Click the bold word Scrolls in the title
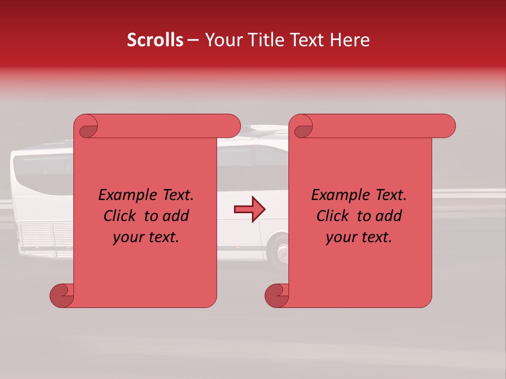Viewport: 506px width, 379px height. point(155,40)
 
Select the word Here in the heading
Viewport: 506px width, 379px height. point(349,40)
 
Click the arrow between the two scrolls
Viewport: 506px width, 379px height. point(249,210)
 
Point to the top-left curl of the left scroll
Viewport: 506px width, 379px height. point(87,126)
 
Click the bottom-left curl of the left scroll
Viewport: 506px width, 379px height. point(62,296)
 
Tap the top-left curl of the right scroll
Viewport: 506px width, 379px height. point(302,126)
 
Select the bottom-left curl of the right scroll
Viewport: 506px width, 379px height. point(277,296)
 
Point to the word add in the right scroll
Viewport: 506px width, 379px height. point(390,216)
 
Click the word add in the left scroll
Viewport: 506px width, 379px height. point(177,216)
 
